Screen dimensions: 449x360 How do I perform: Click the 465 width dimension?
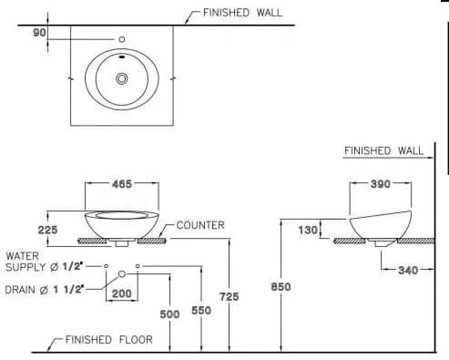click(x=122, y=184)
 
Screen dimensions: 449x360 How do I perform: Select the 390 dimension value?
click(x=381, y=184)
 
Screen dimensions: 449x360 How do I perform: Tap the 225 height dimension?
click(x=47, y=230)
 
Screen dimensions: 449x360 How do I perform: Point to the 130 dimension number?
click(x=308, y=231)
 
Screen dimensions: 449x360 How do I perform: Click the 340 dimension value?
click(x=408, y=271)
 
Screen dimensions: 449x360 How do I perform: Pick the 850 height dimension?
click(x=281, y=287)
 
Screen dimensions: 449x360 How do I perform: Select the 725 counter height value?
click(x=230, y=296)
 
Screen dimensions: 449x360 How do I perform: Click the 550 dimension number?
click(x=201, y=311)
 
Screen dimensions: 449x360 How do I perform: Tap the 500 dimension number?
click(x=169, y=314)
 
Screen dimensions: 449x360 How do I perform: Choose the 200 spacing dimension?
click(x=122, y=293)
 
